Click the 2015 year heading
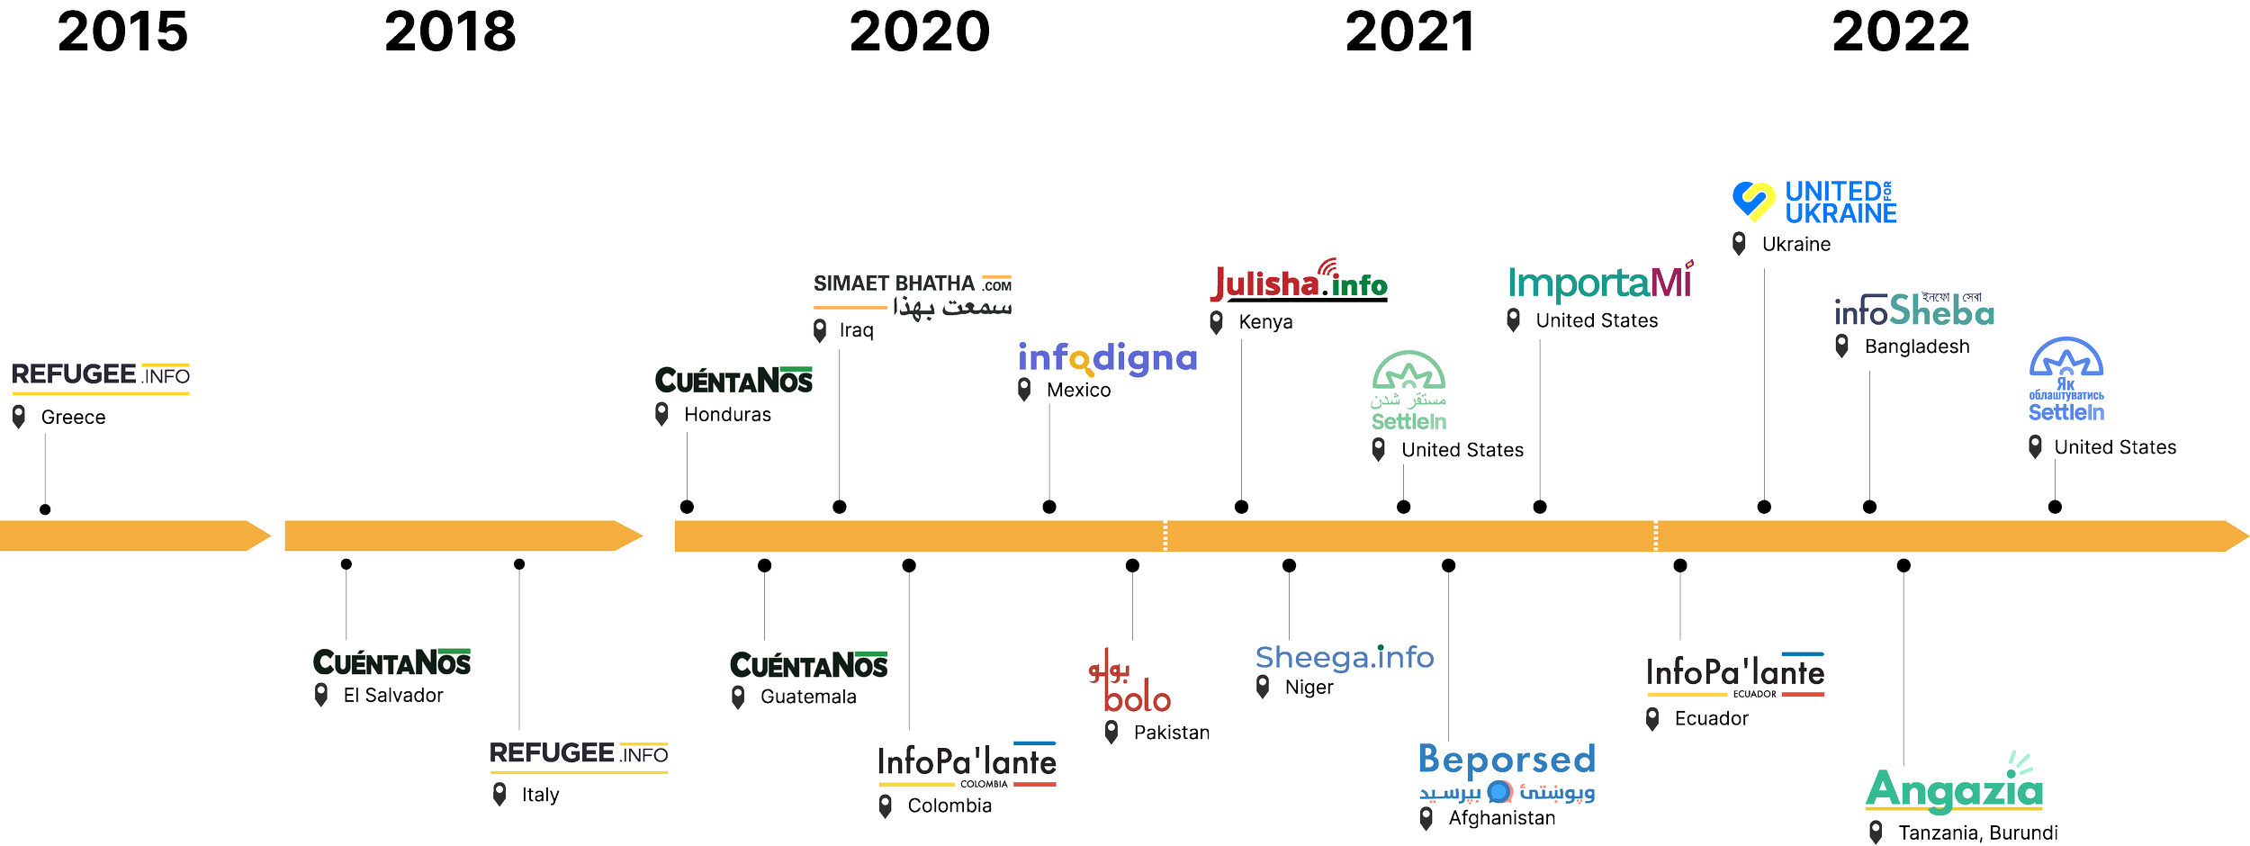pos(122,32)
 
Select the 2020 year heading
pos(920,32)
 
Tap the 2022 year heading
pos(1902,32)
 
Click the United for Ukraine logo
pos(1813,202)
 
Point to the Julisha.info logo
pos(1299,283)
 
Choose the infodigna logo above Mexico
pos(1107,359)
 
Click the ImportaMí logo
pos(1599,283)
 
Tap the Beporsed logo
pos(1507,771)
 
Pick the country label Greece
pos(73,418)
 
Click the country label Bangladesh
pos(1916,347)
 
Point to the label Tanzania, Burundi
pos(1977,833)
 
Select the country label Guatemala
pos(808,697)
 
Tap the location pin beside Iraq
pos(820,330)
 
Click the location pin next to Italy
pos(499,794)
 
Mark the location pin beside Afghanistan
pos(1426,818)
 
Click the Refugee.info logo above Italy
pos(579,754)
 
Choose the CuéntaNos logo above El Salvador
pos(391,663)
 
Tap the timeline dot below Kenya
pos(1241,507)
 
